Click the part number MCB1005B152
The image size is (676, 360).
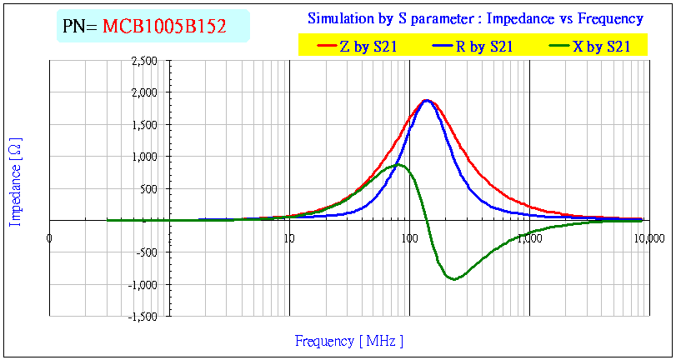click(x=164, y=26)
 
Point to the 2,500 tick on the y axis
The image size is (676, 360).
click(x=144, y=61)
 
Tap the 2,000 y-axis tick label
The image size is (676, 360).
click(x=144, y=92)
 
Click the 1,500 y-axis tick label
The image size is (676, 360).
click(x=144, y=125)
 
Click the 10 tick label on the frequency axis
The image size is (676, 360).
click(x=289, y=238)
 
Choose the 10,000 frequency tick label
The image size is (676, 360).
click(x=643, y=238)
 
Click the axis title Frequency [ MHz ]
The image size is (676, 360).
click(x=349, y=341)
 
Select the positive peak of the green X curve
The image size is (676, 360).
click(x=398, y=164)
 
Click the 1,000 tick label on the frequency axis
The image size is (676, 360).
click(x=529, y=238)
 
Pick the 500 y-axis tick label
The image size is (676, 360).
click(x=150, y=189)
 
